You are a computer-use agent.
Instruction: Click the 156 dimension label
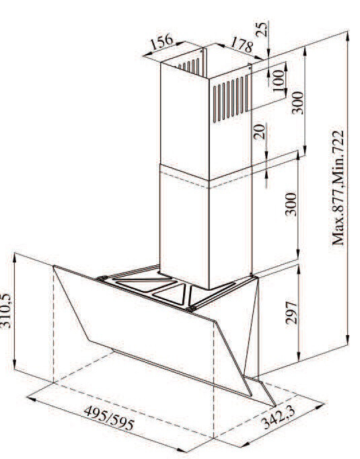pyautogui.click(x=162, y=41)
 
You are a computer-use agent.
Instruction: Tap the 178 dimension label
pyautogui.click(x=242, y=45)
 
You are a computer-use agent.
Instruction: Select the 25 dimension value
pyautogui.click(x=262, y=29)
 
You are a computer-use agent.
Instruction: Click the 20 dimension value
pyautogui.click(x=259, y=131)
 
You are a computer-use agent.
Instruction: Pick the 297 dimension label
pyautogui.click(x=291, y=312)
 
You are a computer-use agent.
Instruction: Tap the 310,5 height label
pyautogui.click(x=7, y=310)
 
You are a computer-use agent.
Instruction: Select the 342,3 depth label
pyautogui.click(x=278, y=417)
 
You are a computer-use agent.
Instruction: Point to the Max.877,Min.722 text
pyautogui.click(x=338, y=188)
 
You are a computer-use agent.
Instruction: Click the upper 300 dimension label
pyautogui.click(x=298, y=102)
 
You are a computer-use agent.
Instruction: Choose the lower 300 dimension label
pyautogui.click(x=291, y=204)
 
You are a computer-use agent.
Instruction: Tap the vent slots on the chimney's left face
pyautogui.click(x=190, y=65)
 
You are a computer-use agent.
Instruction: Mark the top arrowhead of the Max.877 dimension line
pyautogui.click(x=348, y=36)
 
